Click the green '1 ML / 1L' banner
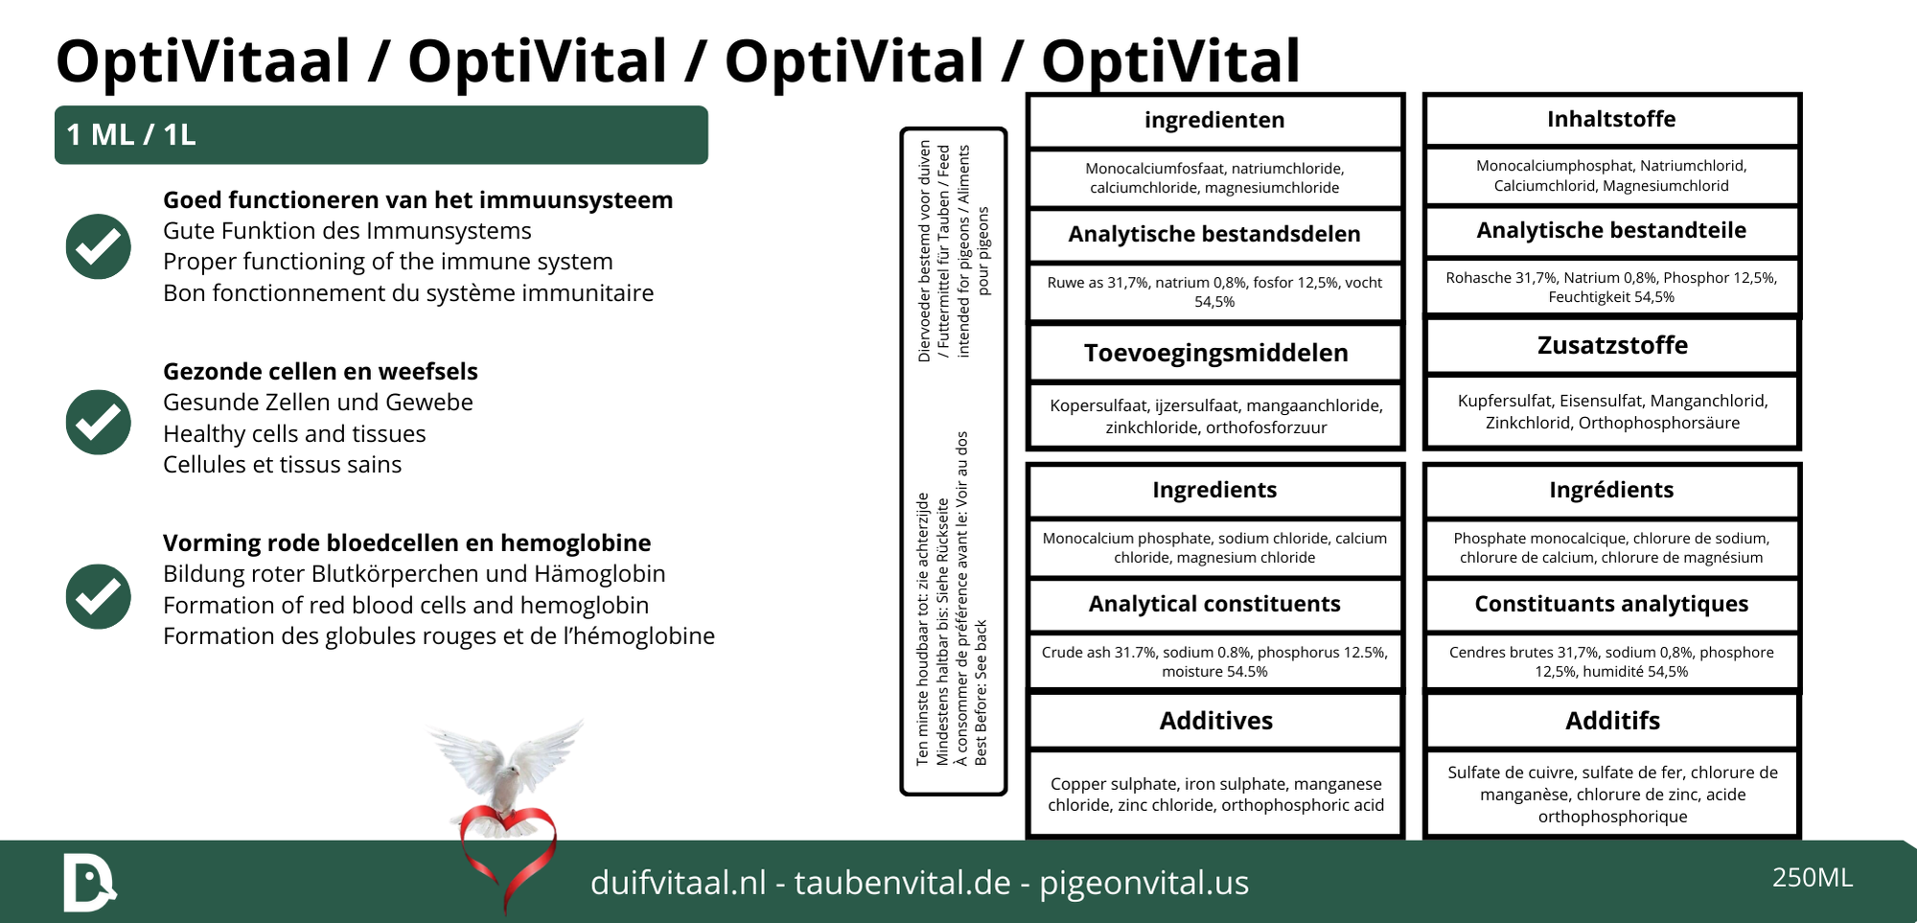pos(381,135)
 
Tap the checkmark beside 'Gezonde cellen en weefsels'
pos(98,422)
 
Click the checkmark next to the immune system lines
pos(98,246)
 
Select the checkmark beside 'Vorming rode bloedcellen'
pos(98,596)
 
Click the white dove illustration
pos(506,762)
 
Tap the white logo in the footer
pos(88,882)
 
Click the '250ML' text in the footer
pos(1813,878)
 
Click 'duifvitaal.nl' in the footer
pos(678,883)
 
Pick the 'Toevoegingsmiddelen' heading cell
pos(1215,353)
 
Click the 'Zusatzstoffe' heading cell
pos(1612,345)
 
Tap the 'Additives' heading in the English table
pos(1215,721)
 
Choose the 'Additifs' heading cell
pos(1612,721)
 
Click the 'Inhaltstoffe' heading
pos(1611,120)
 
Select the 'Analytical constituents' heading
pos(1214,604)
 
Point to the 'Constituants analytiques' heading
pos(1611,604)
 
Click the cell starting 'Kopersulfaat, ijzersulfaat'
pos(1215,416)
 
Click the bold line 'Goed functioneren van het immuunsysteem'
pos(418,200)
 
